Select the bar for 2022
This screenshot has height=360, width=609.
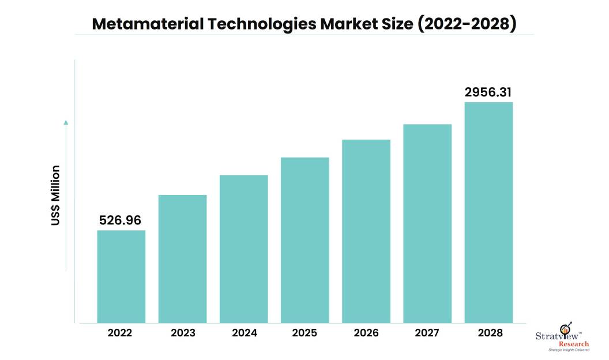(x=121, y=276)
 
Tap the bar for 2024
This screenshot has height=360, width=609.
(x=243, y=249)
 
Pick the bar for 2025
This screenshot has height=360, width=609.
(x=305, y=240)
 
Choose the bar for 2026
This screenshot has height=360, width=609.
(x=366, y=231)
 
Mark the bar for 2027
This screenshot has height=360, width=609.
(x=427, y=223)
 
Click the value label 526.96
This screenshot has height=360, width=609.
(x=120, y=220)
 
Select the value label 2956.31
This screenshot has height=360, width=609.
(x=488, y=92)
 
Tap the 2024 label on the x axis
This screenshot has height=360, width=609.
(x=243, y=333)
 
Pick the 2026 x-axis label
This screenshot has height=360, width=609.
(x=366, y=333)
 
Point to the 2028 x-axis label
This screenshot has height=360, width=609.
(x=488, y=333)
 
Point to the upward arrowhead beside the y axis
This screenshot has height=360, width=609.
(x=66, y=122)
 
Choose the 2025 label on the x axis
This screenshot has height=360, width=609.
(x=305, y=333)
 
